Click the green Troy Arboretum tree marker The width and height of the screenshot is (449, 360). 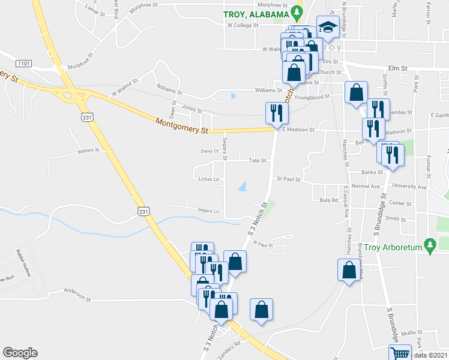pyautogui.click(x=429, y=245)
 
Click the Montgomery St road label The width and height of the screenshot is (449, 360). pyautogui.click(x=181, y=126)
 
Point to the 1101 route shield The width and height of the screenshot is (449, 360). pyautogui.click(x=25, y=63)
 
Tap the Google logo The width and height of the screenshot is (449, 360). pyautogui.click(x=20, y=352)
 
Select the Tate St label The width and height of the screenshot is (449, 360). pyautogui.click(x=258, y=160)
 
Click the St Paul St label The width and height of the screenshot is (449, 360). pyautogui.click(x=288, y=179)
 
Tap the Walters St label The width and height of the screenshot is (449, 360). pyautogui.click(x=88, y=152)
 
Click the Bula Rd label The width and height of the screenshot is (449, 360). pyautogui.click(x=329, y=200)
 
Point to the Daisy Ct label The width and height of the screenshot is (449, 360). pyautogui.click(x=209, y=151)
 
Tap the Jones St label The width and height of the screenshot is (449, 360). pyautogui.click(x=192, y=110)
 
